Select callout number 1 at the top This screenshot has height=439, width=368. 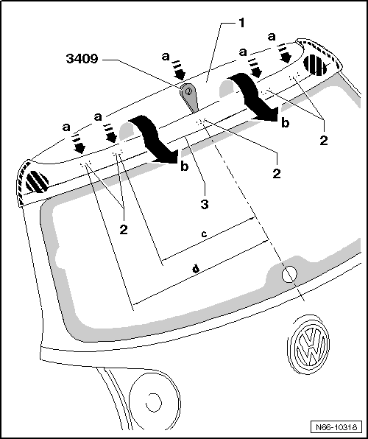click(241, 23)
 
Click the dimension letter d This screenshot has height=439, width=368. click(196, 270)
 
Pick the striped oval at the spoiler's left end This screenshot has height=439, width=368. click(36, 181)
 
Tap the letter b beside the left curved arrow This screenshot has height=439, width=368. click(183, 168)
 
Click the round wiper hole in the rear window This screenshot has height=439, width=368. click(289, 274)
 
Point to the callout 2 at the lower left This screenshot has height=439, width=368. click(123, 229)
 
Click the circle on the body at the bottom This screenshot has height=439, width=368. click(153, 403)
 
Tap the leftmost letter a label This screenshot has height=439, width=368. click(66, 127)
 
